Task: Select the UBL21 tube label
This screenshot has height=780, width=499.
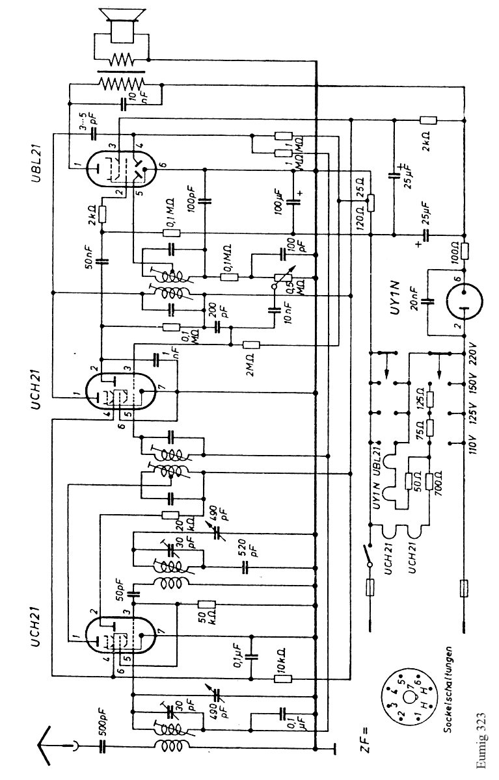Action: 34,155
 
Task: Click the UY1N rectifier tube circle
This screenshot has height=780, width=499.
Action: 464,301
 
